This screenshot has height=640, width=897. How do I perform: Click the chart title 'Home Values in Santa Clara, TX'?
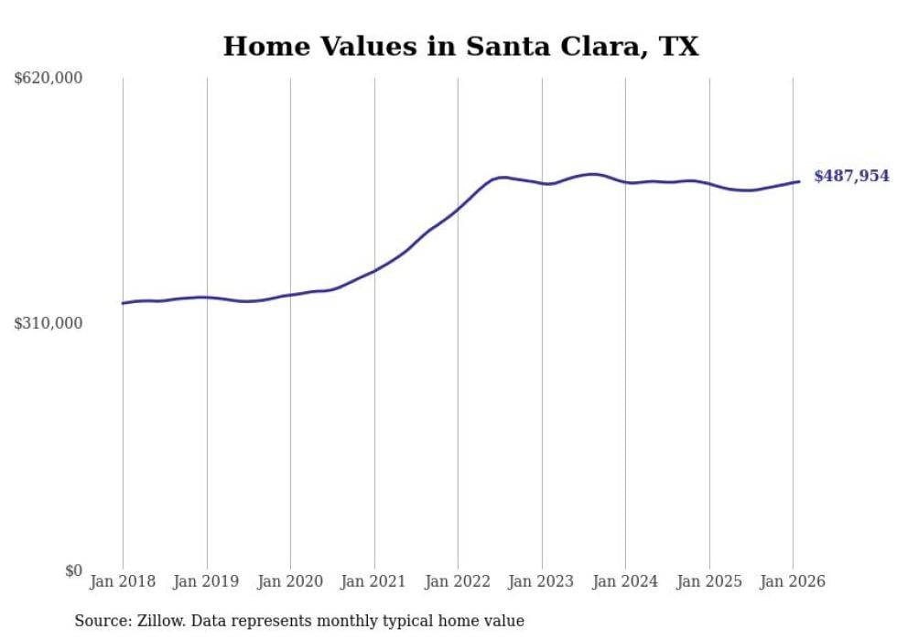click(460, 46)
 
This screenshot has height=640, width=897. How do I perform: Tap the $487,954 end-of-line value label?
click(851, 176)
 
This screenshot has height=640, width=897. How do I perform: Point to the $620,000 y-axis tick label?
click(49, 79)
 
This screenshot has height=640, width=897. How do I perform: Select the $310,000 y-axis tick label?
click(49, 323)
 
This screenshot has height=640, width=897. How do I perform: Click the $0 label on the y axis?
click(73, 570)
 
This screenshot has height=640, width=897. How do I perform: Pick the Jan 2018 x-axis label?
click(123, 581)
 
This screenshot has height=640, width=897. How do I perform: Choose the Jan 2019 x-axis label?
click(206, 581)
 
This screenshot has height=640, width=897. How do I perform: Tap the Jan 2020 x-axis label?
click(290, 581)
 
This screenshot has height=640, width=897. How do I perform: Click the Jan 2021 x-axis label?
click(373, 581)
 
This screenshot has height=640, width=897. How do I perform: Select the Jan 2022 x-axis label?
click(458, 581)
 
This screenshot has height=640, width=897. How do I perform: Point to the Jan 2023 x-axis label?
click(541, 581)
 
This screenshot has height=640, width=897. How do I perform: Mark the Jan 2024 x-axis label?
click(625, 581)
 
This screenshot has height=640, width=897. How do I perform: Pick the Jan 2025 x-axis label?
click(708, 581)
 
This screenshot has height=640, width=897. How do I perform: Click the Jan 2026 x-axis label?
click(793, 581)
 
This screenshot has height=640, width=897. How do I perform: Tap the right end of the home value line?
click(799, 181)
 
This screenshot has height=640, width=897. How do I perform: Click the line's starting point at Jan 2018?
click(123, 303)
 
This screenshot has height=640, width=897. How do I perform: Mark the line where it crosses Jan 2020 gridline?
click(290, 295)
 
